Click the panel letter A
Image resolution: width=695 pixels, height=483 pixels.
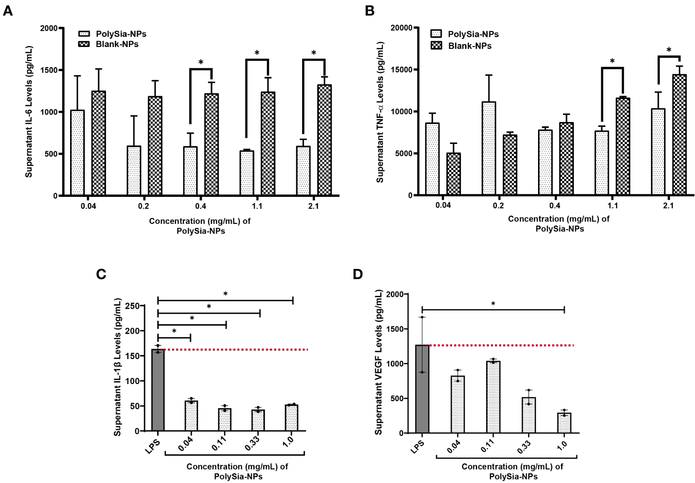pyautogui.click(x=7, y=10)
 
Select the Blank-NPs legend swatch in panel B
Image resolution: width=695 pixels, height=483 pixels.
pyautogui.click(x=436, y=46)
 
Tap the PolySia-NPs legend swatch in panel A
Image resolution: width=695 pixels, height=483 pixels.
pyautogui.click(x=84, y=34)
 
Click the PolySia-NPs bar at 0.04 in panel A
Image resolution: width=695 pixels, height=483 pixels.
pyautogui.click(x=77, y=153)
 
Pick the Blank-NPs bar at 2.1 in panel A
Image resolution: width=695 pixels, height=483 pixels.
pyautogui.click(x=325, y=140)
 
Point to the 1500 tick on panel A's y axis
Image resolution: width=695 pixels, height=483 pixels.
pyautogui.click(x=49, y=70)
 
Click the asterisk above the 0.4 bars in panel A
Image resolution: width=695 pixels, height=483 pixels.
pyautogui.click(x=201, y=63)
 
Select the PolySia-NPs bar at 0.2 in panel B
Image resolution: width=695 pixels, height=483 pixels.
pyautogui.click(x=489, y=148)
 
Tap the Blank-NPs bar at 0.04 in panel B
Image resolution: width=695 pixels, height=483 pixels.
pyautogui.click(x=454, y=174)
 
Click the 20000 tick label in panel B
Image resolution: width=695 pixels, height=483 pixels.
pyautogui.click(x=401, y=28)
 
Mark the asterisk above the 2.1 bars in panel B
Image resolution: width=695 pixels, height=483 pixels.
pyautogui.click(x=669, y=50)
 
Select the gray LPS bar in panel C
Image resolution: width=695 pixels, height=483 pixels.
pyautogui.click(x=158, y=390)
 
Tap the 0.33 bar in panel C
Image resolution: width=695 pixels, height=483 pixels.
pyautogui.click(x=258, y=420)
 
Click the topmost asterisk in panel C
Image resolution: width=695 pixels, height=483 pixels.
pyautogui.click(x=226, y=294)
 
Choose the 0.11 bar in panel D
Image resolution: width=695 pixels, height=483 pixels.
pyautogui.click(x=493, y=397)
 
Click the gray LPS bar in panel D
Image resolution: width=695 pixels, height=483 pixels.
pyautogui.click(x=422, y=389)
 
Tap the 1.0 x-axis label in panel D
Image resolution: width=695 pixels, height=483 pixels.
pyautogui.click(x=562, y=445)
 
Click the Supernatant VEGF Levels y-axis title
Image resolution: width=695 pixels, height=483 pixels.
pyautogui.click(x=378, y=362)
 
